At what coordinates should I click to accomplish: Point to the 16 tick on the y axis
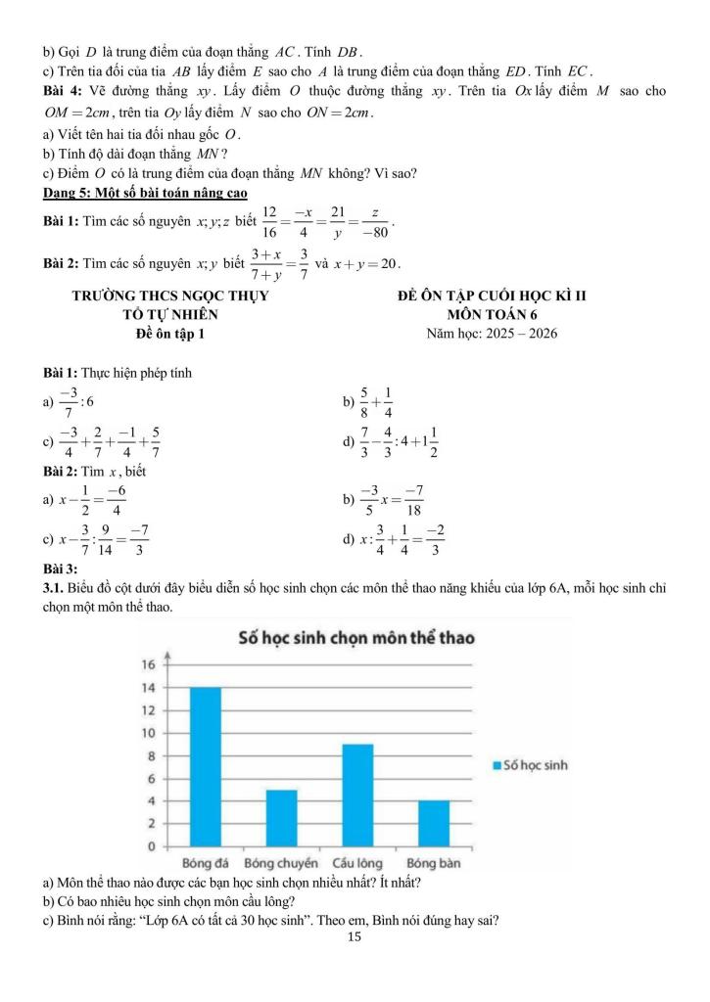(x=150, y=665)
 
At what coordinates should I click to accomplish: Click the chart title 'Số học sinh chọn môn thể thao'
(x=356, y=638)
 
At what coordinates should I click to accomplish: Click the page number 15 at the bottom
(x=355, y=937)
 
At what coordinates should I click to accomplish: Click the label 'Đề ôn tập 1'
(x=170, y=333)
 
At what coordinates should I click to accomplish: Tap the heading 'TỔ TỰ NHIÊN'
(x=170, y=314)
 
